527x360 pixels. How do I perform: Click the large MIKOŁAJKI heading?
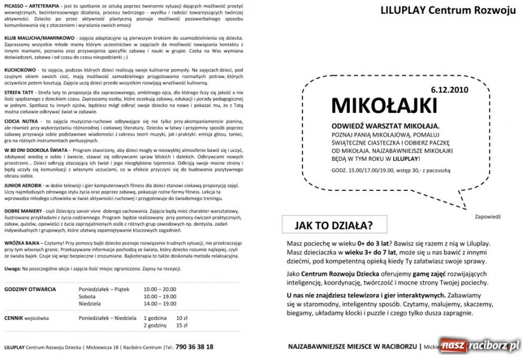click(384, 105)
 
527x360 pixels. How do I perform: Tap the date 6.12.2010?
click(450, 89)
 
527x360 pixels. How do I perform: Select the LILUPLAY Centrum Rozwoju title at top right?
click(448, 10)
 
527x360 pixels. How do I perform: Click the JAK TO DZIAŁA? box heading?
click(333, 226)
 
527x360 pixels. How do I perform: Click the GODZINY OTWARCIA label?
click(30, 289)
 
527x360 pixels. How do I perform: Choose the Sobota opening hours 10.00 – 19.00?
click(160, 296)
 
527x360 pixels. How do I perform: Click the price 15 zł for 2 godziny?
click(181, 325)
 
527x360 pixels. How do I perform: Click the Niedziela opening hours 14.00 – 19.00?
click(160, 304)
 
